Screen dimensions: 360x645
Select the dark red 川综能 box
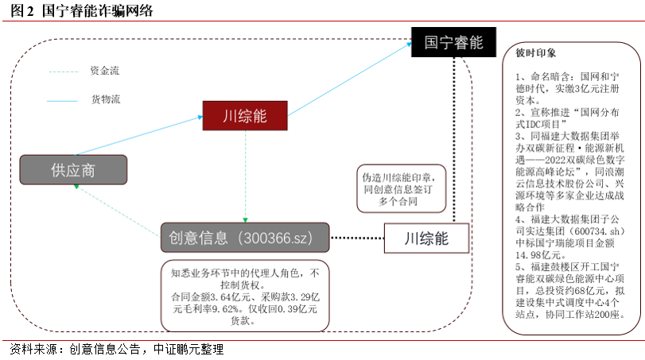click(x=244, y=116)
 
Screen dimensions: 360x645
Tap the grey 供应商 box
click(x=73, y=169)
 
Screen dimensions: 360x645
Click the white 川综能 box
click(x=426, y=237)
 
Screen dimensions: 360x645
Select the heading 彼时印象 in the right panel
click(x=531, y=56)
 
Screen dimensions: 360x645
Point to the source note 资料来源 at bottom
click(x=115, y=349)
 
